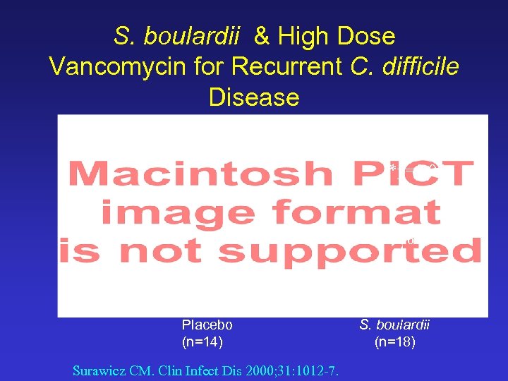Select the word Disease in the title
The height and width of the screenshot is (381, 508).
tap(254, 97)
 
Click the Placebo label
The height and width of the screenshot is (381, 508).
tap(207, 325)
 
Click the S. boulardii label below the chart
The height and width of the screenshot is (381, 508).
tap(395, 325)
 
